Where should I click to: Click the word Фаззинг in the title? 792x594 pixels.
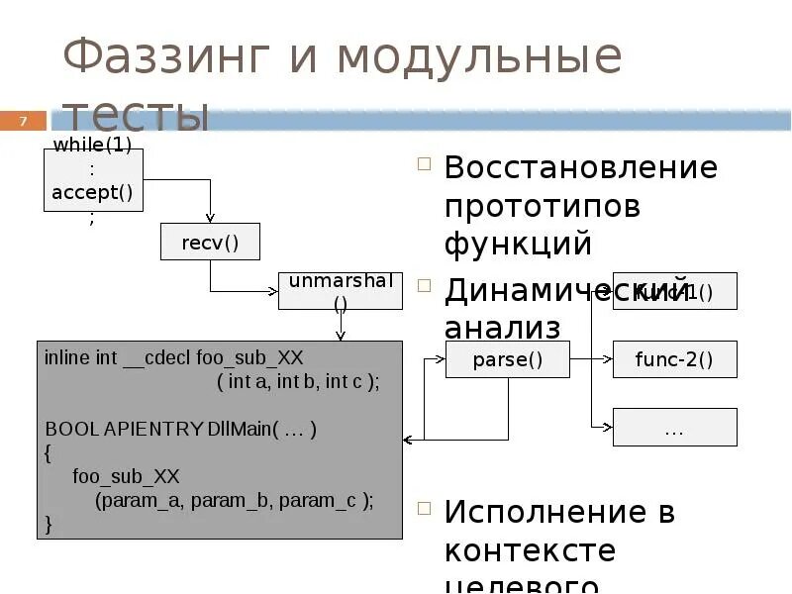tap(165, 59)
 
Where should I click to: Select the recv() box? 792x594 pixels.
tap(210, 242)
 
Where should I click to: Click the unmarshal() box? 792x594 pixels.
tap(341, 290)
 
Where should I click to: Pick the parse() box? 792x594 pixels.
tap(507, 359)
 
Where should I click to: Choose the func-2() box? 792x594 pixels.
tap(674, 359)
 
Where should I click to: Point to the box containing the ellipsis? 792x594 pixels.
tap(674, 428)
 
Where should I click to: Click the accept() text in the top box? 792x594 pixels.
tap(93, 193)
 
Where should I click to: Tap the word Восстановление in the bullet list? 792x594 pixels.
tap(580, 167)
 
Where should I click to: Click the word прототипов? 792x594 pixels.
tap(542, 206)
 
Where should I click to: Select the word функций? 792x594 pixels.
tap(517, 244)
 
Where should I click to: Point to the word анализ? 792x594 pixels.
tap(502, 327)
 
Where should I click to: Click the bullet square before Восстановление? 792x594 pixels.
tap(424, 165)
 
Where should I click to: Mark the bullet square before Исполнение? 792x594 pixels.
tap(424, 510)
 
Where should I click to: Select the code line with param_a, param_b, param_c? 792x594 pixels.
tap(234, 500)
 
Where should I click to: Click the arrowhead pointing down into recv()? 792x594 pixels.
tap(210, 218)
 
